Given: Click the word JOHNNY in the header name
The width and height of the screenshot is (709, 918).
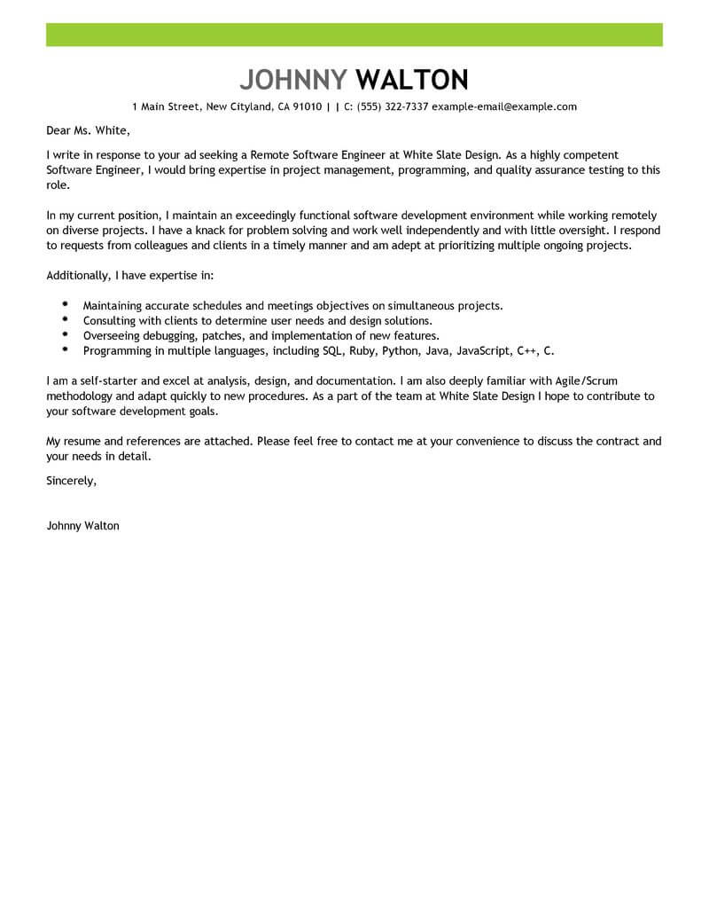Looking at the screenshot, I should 294,80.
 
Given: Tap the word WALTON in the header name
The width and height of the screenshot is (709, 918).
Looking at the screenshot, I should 411,80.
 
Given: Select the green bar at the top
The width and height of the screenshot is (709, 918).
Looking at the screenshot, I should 354,35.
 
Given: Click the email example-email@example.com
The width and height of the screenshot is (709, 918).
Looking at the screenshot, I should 504,106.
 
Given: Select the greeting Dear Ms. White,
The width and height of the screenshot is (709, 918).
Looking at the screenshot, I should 88,131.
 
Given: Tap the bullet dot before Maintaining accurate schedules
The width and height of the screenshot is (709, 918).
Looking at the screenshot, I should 66,304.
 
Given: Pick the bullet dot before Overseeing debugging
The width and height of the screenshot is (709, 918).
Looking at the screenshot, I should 66,334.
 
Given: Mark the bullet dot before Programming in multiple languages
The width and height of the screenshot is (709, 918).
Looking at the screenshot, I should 66,349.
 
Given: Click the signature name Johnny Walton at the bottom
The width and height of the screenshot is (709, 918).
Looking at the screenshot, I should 82,525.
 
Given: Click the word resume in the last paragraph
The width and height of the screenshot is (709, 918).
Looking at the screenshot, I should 82,441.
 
